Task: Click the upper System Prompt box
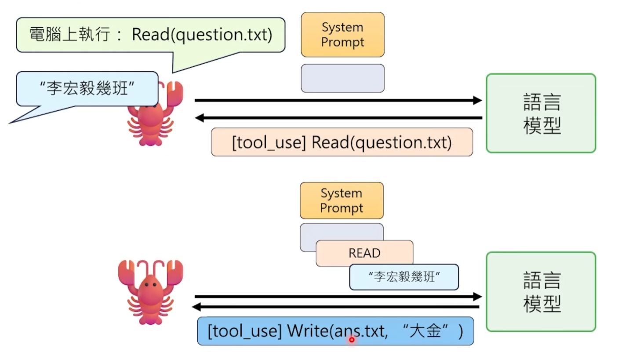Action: pos(342,35)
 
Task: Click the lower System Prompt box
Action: pos(342,200)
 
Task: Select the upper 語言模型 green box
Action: pos(541,113)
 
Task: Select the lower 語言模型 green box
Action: pos(541,291)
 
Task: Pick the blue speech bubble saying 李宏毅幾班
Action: pos(87,89)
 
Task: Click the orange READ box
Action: pos(364,253)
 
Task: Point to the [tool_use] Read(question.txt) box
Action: pos(342,142)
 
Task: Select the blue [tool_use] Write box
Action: pos(335,331)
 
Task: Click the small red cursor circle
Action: pos(352,339)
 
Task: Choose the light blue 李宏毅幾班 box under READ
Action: pos(404,277)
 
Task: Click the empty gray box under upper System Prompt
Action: pos(342,78)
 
